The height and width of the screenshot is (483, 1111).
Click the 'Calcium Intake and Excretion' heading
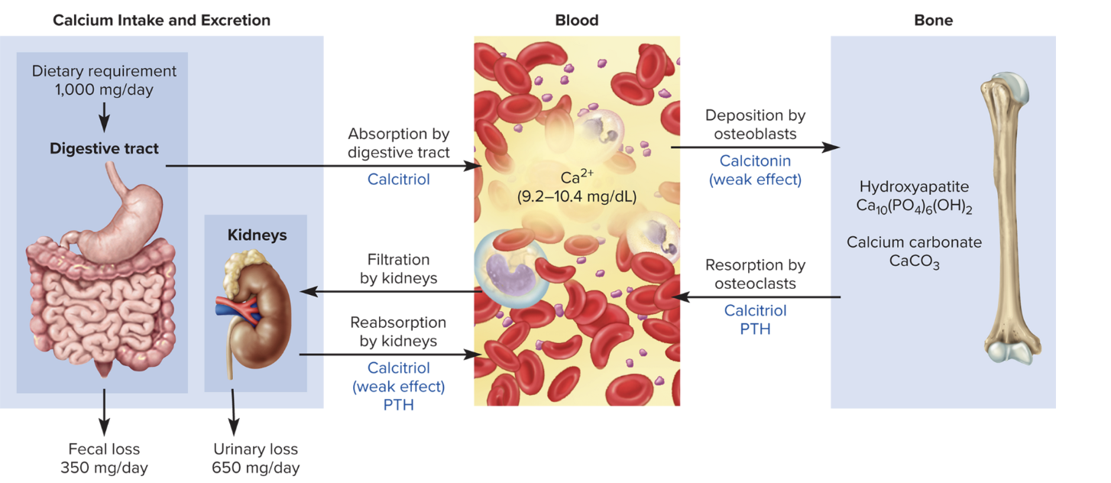pos(161,21)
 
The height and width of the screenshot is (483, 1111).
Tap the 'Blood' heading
pos(576,21)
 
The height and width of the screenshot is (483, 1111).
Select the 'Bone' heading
pos(933,21)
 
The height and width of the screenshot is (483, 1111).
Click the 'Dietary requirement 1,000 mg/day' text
pos(104,80)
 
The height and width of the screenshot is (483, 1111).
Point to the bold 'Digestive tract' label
pos(104,148)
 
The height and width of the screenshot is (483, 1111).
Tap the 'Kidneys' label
pos(257,235)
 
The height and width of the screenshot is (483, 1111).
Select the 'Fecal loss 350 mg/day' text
pos(104,459)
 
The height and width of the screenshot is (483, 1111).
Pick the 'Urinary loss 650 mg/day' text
pos(255,459)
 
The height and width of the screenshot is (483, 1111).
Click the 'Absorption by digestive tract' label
pos(398,143)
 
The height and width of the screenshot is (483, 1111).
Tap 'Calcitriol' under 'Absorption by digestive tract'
pos(398,180)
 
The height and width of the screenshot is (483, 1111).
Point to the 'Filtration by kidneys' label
pos(398,269)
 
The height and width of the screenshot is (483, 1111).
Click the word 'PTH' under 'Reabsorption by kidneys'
pos(398,405)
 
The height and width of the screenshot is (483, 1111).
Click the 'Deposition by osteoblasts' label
pos(755,125)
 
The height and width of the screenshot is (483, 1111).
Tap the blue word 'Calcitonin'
pos(755,161)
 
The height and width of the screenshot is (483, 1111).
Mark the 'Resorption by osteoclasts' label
pos(755,274)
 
